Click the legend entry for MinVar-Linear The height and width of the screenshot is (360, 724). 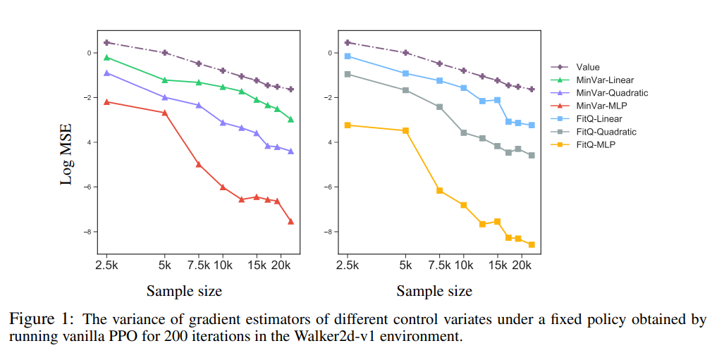click(x=605, y=80)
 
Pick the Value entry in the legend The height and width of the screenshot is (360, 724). click(x=587, y=68)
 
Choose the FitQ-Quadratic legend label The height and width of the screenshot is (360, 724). click(x=606, y=132)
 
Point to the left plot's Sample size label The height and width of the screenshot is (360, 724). click(x=184, y=290)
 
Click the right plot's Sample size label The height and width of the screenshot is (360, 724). click(x=434, y=290)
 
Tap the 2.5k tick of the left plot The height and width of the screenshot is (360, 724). click(x=106, y=265)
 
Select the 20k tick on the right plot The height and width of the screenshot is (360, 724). click(x=522, y=265)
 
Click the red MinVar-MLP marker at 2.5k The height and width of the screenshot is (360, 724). click(x=106, y=101)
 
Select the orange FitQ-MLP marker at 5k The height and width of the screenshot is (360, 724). click(x=405, y=130)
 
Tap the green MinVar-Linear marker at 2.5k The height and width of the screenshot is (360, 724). click(x=106, y=57)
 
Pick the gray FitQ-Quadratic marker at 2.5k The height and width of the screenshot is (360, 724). click(x=348, y=74)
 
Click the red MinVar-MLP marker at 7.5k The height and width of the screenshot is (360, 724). click(x=199, y=164)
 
